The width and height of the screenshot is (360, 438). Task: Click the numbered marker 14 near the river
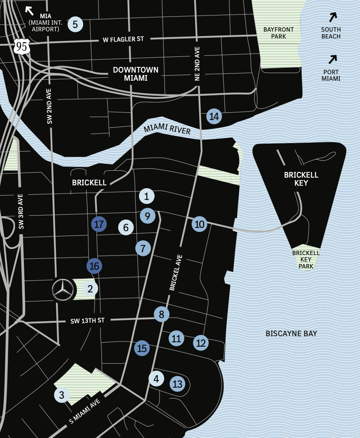click(x=214, y=117)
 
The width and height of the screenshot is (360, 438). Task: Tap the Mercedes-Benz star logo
click(x=64, y=290)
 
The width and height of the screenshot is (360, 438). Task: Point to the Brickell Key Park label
click(x=306, y=260)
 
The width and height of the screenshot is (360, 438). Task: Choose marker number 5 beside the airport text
click(x=75, y=24)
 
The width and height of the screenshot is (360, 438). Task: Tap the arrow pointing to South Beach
click(x=333, y=17)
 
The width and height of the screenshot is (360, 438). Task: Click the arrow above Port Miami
click(x=333, y=60)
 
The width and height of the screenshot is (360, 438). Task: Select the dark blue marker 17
click(x=99, y=224)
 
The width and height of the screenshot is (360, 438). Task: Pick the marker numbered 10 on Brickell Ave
click(x=199, y=224)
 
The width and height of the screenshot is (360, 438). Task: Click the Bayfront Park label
click(x=279, y=33)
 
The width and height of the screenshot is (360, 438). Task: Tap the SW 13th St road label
click(x=88, y=321)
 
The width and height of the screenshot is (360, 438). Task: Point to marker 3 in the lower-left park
click(x=62, y=395)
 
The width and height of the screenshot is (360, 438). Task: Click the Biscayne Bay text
click(x=291, y=334)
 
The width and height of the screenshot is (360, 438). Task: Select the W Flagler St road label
click(x=123, y=39)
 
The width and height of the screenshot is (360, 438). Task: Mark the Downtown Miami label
click(x=135, y=74)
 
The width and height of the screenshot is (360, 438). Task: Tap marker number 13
click(x=178, y=384)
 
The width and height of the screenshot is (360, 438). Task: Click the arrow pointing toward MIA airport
click(x=30, y=11)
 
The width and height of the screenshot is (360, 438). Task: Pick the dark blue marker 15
click(x=142, y=348)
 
